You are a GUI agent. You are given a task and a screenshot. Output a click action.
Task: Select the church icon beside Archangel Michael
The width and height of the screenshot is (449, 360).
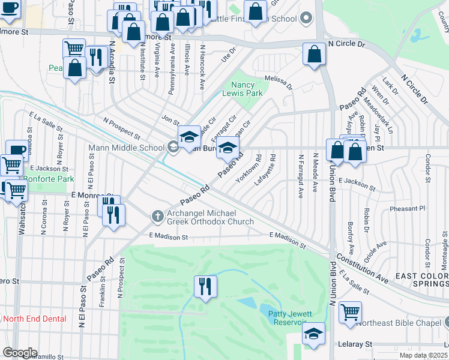coord(157,215)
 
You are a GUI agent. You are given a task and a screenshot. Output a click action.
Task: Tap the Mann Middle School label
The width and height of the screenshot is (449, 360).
coord(126,148)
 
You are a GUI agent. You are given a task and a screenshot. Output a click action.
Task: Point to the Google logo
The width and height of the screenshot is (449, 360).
coord(19,353)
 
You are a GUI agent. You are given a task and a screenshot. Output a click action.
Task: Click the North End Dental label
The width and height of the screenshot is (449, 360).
coord(35,319)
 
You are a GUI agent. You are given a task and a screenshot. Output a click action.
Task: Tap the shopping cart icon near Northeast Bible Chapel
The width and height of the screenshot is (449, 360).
coord(350,311)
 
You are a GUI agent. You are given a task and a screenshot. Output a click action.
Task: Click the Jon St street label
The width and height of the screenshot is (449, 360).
coord(166,121)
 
